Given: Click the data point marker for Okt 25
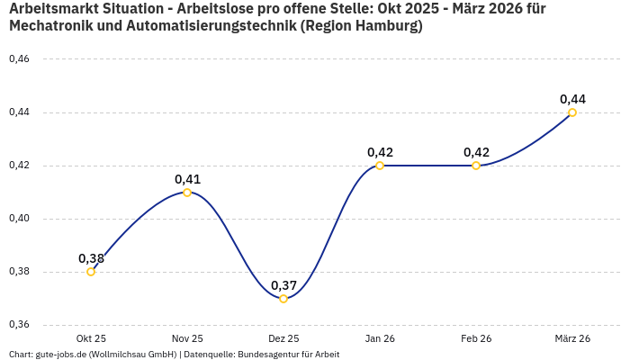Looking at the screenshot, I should tap(91, 272).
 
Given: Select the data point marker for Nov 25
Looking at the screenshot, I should tap(187, 193).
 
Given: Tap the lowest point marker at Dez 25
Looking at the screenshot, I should tap(283, 299).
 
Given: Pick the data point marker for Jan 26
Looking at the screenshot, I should tap(380, 166).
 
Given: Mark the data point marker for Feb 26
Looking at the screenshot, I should tap(476, 166).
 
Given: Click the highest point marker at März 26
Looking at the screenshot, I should tap(572, 112).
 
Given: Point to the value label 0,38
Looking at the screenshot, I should tap(91, 258).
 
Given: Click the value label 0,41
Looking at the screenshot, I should tap(187, 179).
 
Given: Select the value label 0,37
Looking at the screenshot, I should tap(283, 285).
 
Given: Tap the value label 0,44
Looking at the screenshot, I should tap(572, 99).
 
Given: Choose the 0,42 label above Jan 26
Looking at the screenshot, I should tap(380, 152).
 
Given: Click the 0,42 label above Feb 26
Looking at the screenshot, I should tap(476, 152).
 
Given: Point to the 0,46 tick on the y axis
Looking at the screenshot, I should tap(19, 59).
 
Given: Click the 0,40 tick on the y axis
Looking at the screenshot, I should tap(19, 219).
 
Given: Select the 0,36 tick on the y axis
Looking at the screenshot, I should tap(19, 325).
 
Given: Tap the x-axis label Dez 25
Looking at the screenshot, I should tap(283, 338).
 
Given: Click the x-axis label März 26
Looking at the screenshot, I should tap(572, 338).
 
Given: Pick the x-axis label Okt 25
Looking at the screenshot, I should tap(91, 338).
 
